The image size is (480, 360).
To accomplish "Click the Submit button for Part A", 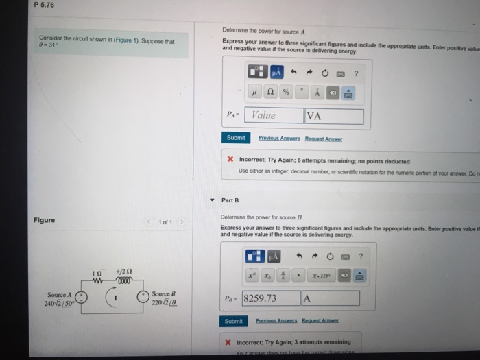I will [x=235, y=137].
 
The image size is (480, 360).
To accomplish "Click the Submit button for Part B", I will [x=233, y=321].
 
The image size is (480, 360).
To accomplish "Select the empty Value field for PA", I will [x=274, y=115].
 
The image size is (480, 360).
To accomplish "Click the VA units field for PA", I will [x=333, y=115].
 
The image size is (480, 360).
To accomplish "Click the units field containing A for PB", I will [x=330, y=298].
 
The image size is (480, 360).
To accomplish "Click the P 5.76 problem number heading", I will [x=44, y=5].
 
